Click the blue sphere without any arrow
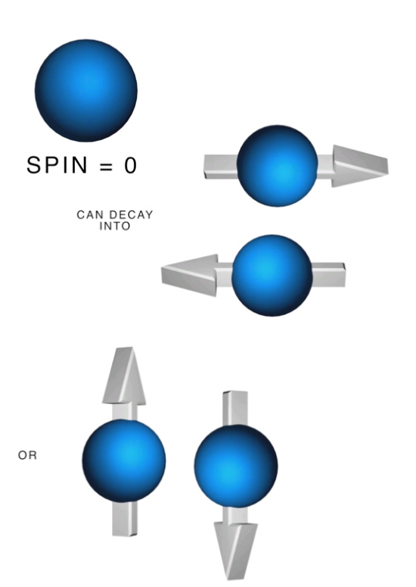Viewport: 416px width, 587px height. pyautogui.click(x=86, y=91)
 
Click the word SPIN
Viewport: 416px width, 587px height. pyautogui.click(x=57, y=165)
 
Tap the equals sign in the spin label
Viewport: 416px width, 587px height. pyautogui.click(x=106, y=166)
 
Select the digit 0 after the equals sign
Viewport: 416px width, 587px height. pyautogui.click(x=130, y=165)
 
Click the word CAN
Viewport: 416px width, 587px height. pyautogui.click(x=89, y=215)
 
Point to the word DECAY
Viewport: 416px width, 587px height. pyautogui.click(x=129, y=215)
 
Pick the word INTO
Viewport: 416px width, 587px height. pyautogui.click(x=115, y=226)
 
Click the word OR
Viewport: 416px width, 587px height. pyautogui.click(x=27, y=455)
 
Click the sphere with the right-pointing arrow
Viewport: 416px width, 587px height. pyautogui.click(x=278, y=166)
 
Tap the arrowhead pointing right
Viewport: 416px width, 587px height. pyautogui.click(x=360, y=166)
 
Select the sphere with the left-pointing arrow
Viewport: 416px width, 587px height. pyautogui.click(x=272, y=276)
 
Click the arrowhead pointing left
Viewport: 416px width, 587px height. pyautogui.click(x=189, y=275)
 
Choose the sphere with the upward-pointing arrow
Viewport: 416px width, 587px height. pyautogui.click(x=124, y=461)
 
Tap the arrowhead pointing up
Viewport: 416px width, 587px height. pyautogui.click(x=124, y=376)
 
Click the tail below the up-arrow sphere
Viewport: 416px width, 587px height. pyautogui.click(x=125, y=519)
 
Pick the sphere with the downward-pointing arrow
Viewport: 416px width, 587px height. pyautogui.click(x=236, y=466)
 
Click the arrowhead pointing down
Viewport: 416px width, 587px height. pyautogui.click(x=235, y=551)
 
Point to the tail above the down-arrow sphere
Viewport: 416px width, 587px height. pyautogui.click(x=235, y=409)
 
